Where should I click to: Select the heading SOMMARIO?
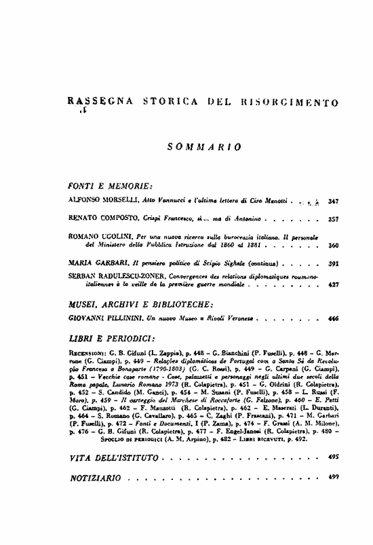pos(204,147)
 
